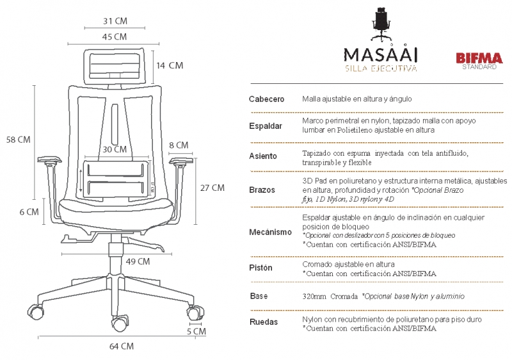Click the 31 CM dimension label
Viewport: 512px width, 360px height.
coord(115,21)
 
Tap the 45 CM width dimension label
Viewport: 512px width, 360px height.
coord(115,37)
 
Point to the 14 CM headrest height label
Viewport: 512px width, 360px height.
coord(170,65)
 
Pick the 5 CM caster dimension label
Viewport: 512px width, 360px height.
coord(196,332)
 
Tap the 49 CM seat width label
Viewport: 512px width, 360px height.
coord(138,261)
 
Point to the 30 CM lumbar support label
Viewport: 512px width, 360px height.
coord(115,149)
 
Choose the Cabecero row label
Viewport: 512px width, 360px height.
coord(266,100)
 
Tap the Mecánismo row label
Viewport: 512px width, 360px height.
coord(270,231)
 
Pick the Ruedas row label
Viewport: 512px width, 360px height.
coord(264,322)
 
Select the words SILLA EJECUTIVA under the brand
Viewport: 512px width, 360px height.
coord(381,68)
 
